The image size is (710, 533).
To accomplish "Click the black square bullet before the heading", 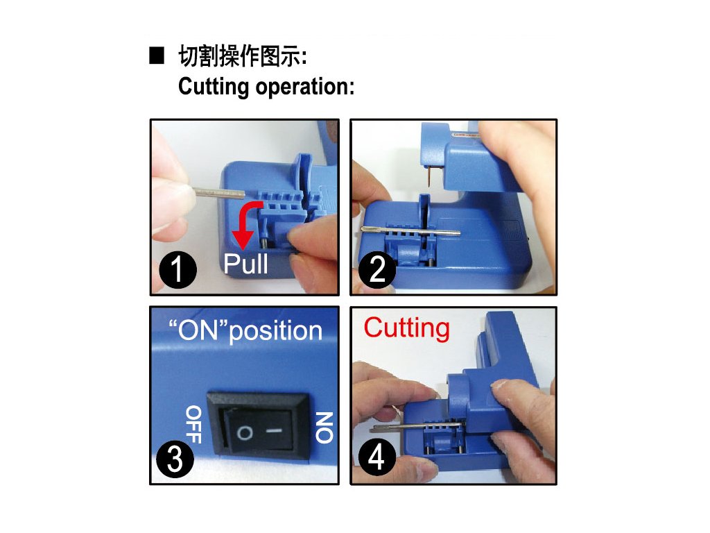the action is click(157, 56).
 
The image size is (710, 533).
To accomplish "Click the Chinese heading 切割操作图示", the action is click(242, 56).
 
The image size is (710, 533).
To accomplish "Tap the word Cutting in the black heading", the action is click(214, 87).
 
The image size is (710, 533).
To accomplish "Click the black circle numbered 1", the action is click(178, 270).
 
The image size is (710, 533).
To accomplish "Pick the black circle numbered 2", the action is click(377, 270).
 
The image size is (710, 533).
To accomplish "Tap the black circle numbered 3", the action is click(175, 459).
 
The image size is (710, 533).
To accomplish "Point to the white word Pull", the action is click(246, 264).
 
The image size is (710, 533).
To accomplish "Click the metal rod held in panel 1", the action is click(220, 194).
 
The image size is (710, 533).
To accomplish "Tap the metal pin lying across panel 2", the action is click(410, 231).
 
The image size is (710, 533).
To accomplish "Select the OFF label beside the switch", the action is click(193, 424).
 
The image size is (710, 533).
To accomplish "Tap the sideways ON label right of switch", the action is click(324, 427).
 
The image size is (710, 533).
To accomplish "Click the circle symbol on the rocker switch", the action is click(245, 433).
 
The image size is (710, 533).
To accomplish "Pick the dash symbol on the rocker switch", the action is click(275, 430).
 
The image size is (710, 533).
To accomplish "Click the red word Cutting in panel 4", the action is click(406, 328).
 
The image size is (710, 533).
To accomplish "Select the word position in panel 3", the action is click(276, 332).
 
